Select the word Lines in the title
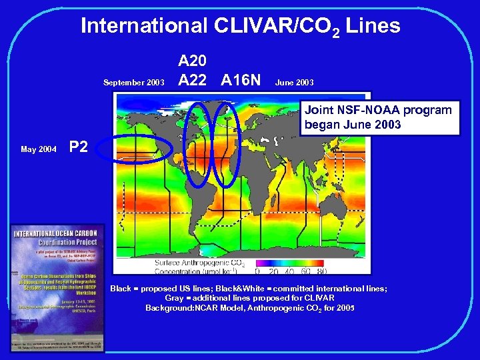pyautogui.click(x=373, y=26)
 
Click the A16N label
pyautogui.click(x=241, y=81)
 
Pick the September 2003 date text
pyautogui.click(x=133, y=83)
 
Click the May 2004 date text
pyautogui.click(x=38, y=149)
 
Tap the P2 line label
pyautogui.click(x=79, y=147)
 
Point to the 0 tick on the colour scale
pyautogui.click(x=258, y=271)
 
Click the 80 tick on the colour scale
pyautogui.click(x=322, y=271)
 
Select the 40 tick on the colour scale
pyautogui.click(x=289, y=271)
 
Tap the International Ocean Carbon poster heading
pyautogui.click(x=57, y=237)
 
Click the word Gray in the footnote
pyautogui.click(x=174, y=298)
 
